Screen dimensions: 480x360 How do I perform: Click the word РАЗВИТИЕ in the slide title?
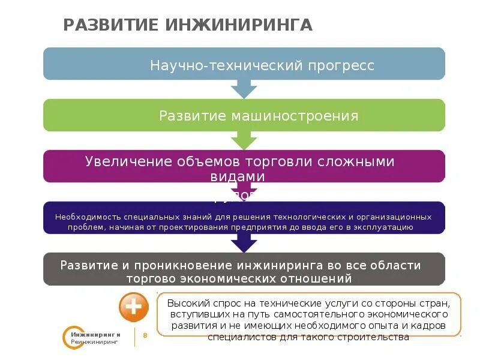[x=110, y=25]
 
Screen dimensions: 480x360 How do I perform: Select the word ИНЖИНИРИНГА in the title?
[x=238, y=25]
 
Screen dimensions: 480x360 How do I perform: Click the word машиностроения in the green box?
[x=295, y=116]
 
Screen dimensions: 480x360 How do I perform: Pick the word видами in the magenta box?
[x=244, y=176]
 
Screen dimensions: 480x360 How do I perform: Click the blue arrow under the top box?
[x=244, y=89]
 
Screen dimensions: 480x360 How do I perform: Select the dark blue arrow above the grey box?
[x=244, y=242]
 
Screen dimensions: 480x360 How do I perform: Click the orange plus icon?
[x=133, y=308]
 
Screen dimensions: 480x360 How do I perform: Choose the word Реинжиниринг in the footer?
[x=94, y=341]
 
